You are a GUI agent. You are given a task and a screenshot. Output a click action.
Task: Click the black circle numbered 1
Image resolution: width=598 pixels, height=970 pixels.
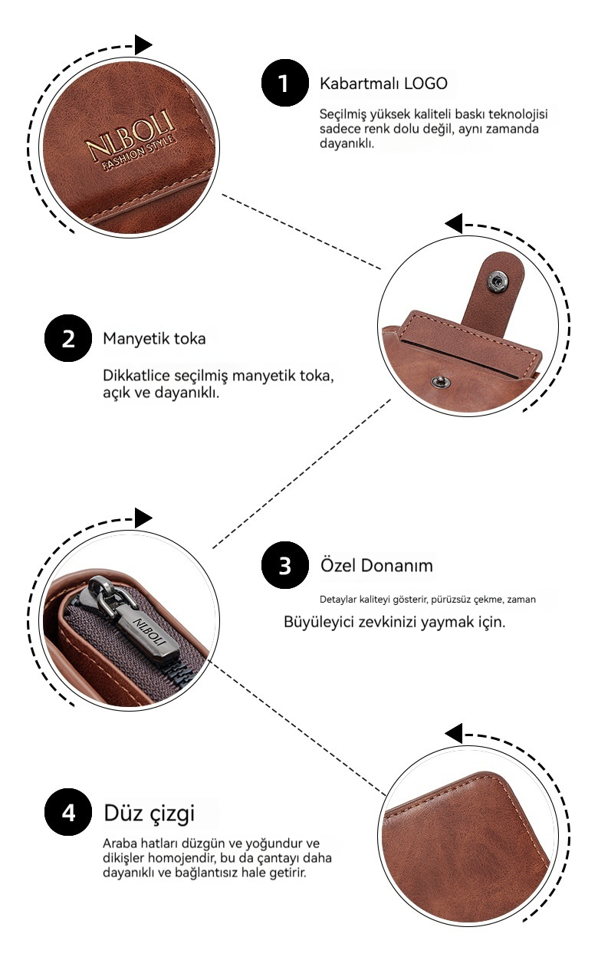285,83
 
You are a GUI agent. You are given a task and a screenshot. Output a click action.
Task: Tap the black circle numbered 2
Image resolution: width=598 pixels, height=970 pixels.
68,338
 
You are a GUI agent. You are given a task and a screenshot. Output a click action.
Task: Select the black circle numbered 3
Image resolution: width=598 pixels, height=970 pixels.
285,565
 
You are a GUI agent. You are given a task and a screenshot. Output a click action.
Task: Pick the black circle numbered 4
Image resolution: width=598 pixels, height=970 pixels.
68,812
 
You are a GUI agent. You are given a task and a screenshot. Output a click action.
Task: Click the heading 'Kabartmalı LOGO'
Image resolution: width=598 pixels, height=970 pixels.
383,83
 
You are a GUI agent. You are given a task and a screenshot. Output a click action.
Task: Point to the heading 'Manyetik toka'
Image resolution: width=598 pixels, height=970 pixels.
154,339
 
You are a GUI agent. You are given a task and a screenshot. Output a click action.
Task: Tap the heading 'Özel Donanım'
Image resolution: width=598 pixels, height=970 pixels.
376,565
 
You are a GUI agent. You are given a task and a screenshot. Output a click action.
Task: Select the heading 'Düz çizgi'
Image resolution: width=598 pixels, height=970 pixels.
149,814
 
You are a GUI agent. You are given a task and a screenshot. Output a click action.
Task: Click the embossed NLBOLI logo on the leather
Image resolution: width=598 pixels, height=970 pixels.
130,136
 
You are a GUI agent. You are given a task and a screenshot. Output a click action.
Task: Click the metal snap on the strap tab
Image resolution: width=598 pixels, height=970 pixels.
498,282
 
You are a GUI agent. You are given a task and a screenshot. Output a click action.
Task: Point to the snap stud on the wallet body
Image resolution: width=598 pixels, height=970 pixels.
441,382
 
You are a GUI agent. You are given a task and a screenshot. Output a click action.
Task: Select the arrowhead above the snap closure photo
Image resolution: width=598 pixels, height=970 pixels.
453,224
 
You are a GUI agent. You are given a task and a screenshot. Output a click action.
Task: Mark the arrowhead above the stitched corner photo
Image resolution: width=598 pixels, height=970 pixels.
453,734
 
